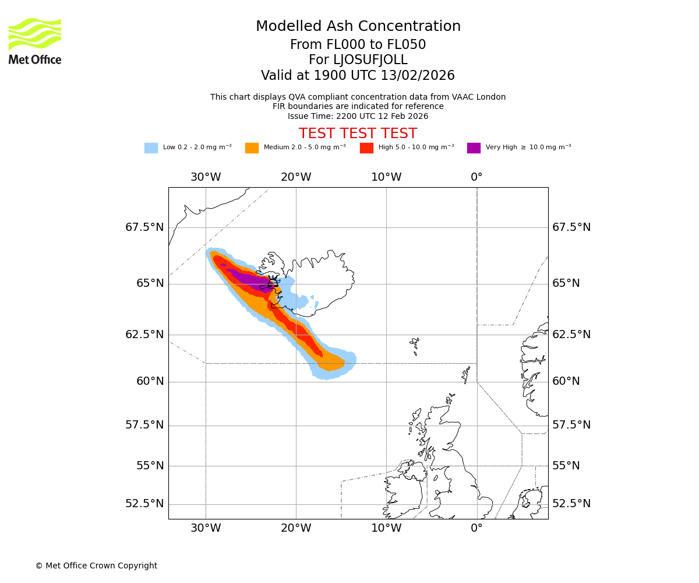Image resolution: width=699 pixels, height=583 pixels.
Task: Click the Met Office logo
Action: click(x=35, y=41)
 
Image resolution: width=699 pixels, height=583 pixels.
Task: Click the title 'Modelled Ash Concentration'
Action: click(x=358, y=27)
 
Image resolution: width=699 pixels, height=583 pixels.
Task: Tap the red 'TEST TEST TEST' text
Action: click(x=358, y=134)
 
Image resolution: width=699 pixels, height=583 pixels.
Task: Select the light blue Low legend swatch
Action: click(x=151, y=148)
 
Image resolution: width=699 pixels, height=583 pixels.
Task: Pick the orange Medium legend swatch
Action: click(x=252, y=148)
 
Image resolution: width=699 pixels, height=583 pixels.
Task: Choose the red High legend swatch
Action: click(x=366, y=148)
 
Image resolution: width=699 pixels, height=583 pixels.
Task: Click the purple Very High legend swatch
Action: click(x=474, y=148)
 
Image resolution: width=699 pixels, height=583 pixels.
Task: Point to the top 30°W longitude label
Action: click(x=206, y=177)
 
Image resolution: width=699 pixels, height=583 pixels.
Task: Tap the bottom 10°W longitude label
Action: click(x=386, y=528)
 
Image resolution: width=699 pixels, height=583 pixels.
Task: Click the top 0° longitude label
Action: click(x=476, y=177)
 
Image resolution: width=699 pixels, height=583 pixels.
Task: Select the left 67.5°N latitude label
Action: click(x=144, y=227)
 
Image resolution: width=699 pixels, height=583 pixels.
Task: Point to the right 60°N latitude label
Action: click(x=566, y=381)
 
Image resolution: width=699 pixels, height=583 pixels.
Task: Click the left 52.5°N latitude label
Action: click(x=144, y=504)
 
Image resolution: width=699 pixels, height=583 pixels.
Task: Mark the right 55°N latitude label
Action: click(x=566, y=466)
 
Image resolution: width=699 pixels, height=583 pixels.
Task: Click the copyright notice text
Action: click(x=96, y=566)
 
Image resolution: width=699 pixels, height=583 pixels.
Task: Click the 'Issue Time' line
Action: click(x=358, y=116)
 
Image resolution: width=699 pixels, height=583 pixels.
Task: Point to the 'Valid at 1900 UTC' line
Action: click(x=358, y=76)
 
